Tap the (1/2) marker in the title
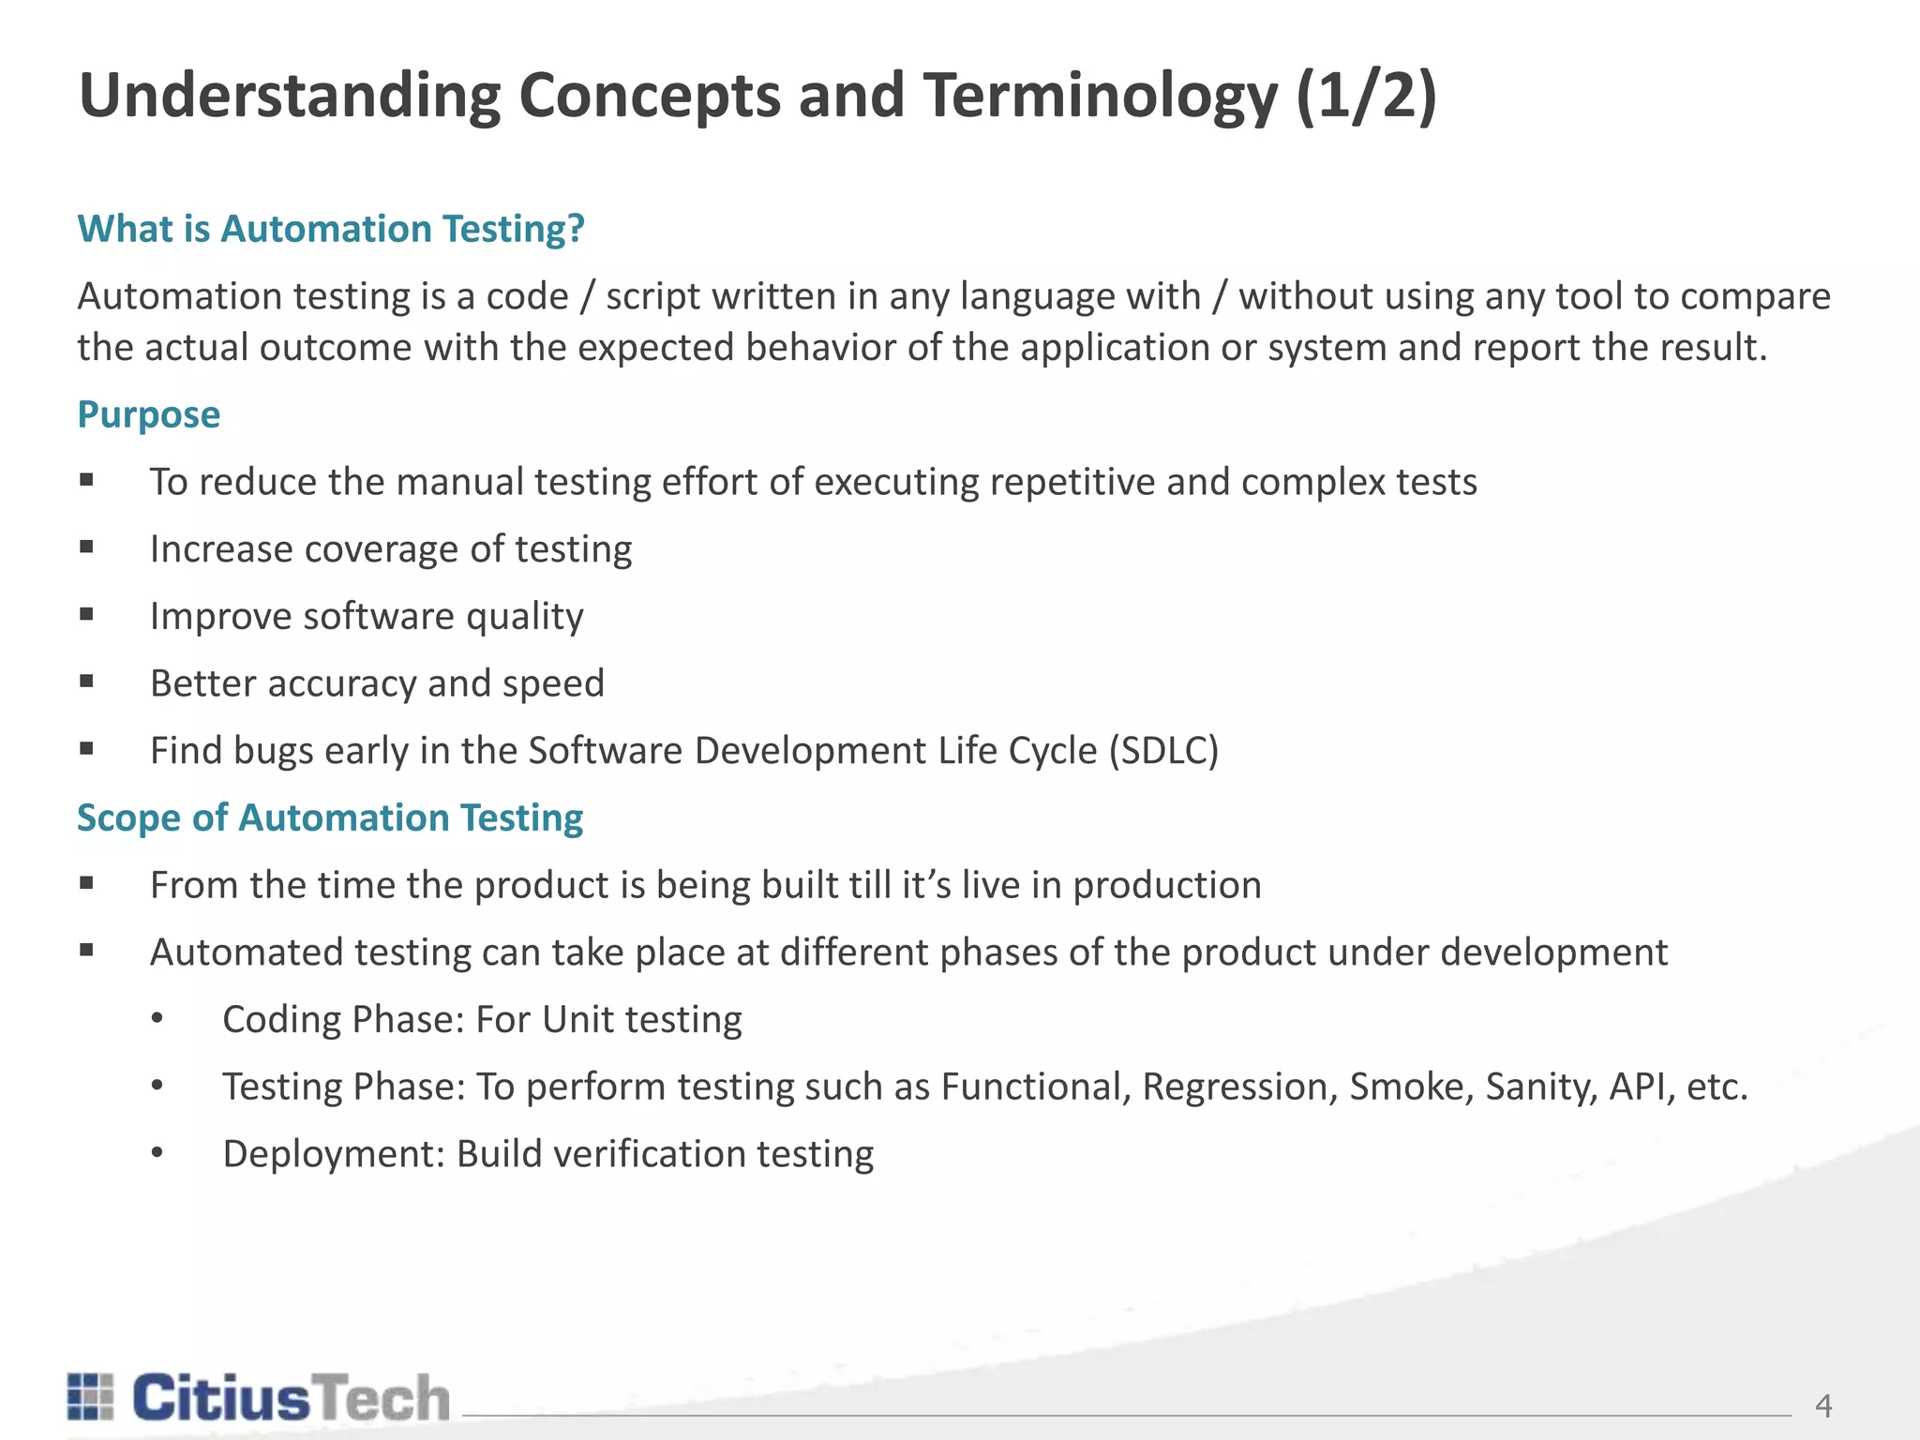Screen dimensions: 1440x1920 pyautogui.click(x=1367, y=97)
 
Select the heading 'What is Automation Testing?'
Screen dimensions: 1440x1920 pyautogui.click(x=331, y=229)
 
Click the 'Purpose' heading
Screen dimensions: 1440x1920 pyautogui.click(x=149, y=414)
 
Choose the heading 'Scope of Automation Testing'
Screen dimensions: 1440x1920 pyautogui.click(x=330, y=817)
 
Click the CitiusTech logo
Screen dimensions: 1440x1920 pyautogui.click(x=259, y=1398)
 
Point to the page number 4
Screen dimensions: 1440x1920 pyautogui.click(x=1823, y=1405)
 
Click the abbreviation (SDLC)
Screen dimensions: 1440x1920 pyautogui.click(x=1163, y=751)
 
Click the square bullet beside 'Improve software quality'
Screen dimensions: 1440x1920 pyautogui.click(x=87, y=615)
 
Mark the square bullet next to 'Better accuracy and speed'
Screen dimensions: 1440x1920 pyautogui.click(x=87, y=682)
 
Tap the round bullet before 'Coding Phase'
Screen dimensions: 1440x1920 pyautogui.click(x=157, y=1019)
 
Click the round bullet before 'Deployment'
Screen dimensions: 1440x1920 pyautogui.click(x=157, y=1154)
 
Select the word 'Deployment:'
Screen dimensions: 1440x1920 pyautogui.click(x=334, y=1154)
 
